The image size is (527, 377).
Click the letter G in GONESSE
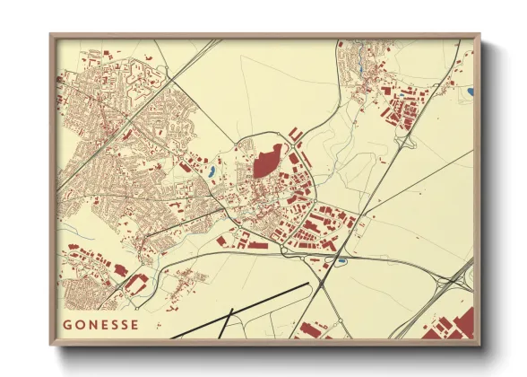[x=66, y=325]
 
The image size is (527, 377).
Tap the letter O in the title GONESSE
[x=79, y=325]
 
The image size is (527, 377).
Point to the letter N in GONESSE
[x=91, y=325]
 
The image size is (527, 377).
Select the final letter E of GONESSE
[x=135, y=325]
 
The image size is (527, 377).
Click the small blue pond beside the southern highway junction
[x=341, y=261]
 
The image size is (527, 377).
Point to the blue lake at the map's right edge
[x=470, y=91]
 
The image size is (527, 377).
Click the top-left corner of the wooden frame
[x=52, y=36]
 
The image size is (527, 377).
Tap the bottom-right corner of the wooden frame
[x=479, y=346]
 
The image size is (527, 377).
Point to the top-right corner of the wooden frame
[x=479, y=36]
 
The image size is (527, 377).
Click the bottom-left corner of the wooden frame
[x=52, y=346]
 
